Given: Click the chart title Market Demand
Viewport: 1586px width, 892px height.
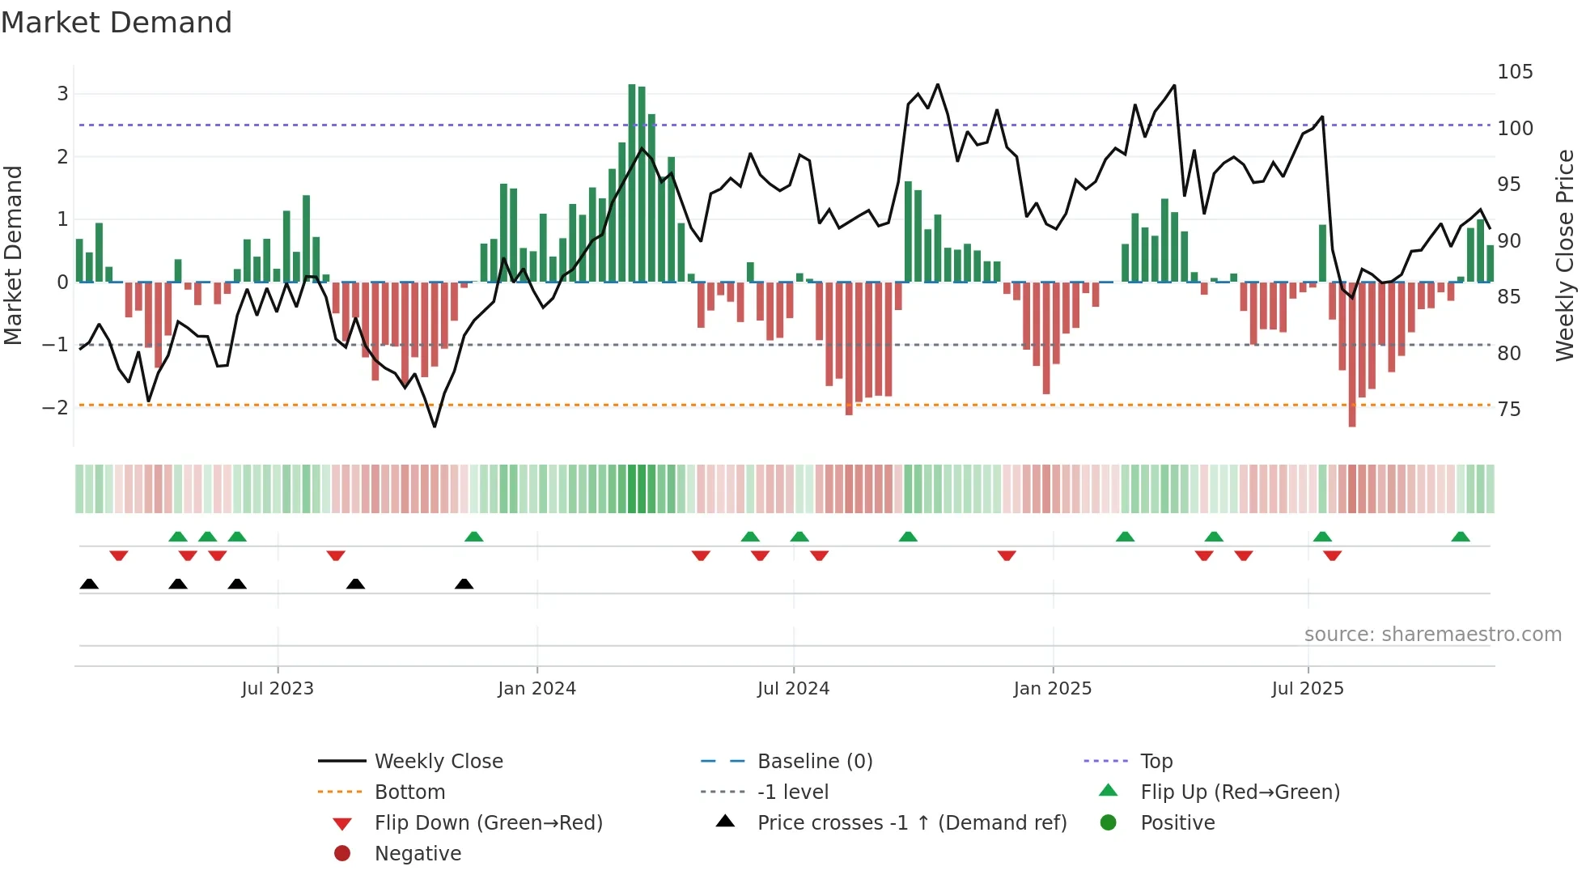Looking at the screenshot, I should point(117,23).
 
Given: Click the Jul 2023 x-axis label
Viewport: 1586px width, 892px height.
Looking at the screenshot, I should point(277,689).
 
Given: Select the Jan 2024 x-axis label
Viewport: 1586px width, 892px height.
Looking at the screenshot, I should point(536,689).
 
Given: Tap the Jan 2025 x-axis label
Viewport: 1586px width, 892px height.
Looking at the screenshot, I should point(1052,689).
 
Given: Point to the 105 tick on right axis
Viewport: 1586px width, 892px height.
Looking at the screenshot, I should point(1515,72).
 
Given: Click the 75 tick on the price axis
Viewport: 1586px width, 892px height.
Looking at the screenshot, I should point(1509,410).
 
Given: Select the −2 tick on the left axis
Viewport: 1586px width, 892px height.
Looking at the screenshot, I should point(55,407).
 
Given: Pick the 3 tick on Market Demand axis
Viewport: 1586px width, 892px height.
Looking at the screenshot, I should point(62,94).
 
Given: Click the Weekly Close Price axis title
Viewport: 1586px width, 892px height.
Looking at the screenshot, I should point(1565,255).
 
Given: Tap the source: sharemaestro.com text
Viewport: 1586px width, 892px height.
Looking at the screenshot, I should point(1432,635).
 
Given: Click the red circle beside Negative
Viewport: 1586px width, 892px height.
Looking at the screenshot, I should point(342,854).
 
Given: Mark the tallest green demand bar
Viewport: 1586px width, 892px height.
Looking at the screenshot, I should point(632,183).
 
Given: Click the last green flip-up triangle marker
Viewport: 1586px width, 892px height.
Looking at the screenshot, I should point(1461,537).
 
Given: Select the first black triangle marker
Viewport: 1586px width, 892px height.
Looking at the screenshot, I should point(89,584).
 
